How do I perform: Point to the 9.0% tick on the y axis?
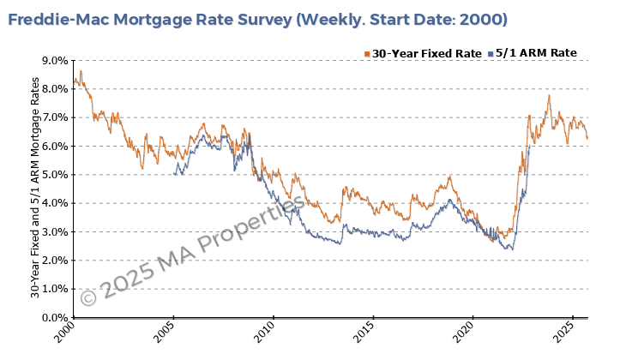pos(53,61)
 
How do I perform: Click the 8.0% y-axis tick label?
pos(53,89)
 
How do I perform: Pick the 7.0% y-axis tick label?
pos(53,117)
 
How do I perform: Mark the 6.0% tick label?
pos(53,147)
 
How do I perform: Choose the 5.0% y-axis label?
pos(53,175)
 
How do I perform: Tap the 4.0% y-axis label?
pos(53,203)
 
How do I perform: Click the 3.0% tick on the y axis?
pos(53,231)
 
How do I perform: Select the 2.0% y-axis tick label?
pos(53,261)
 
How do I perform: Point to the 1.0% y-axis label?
pos(53,289)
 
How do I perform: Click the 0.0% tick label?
pos(53,317)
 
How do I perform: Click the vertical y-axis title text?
pos(34,189)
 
